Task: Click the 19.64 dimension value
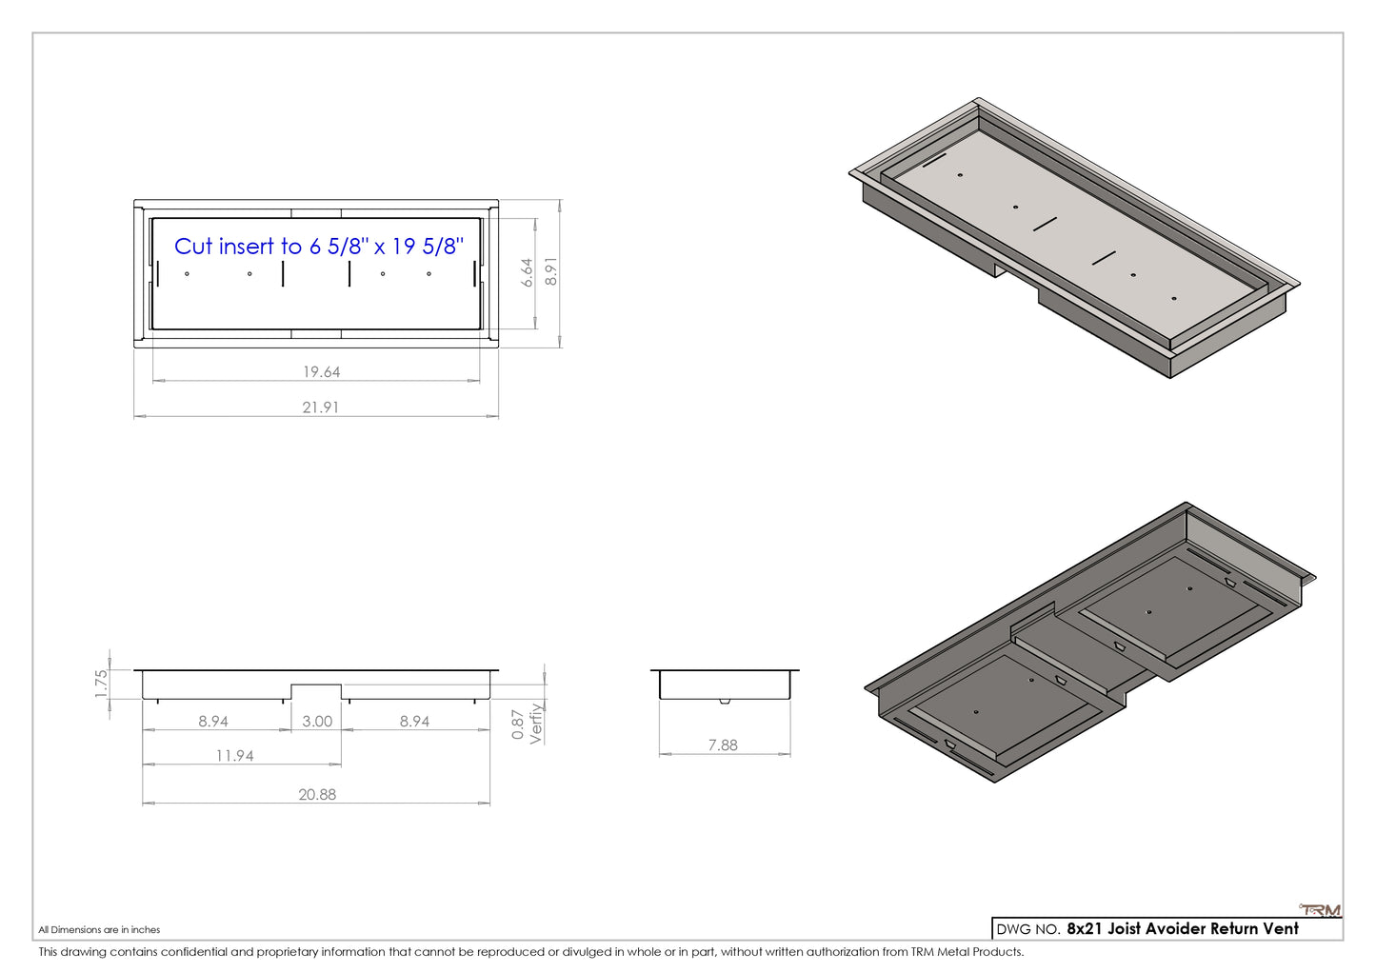(321, 371)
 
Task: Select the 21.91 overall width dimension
(321, 407)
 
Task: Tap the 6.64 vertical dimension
(527, 272)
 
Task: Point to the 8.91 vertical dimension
(551, 271)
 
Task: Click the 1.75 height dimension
(101, 683)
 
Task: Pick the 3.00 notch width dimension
(317, 721)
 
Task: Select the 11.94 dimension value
(234, 756)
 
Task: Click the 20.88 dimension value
(317, 794)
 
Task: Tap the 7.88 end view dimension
(723, 745)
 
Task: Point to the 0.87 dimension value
(518, 725)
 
